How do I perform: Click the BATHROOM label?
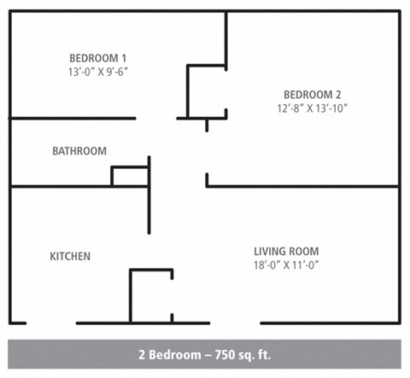79,151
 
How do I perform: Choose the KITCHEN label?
70,256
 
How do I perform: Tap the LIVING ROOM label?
286,251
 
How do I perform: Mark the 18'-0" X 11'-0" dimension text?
286,265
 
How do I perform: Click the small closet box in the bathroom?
130,177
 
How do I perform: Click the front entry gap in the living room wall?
235,323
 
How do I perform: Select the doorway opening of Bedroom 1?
156,118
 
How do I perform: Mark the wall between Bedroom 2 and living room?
302,186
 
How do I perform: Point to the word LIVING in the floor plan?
271,251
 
